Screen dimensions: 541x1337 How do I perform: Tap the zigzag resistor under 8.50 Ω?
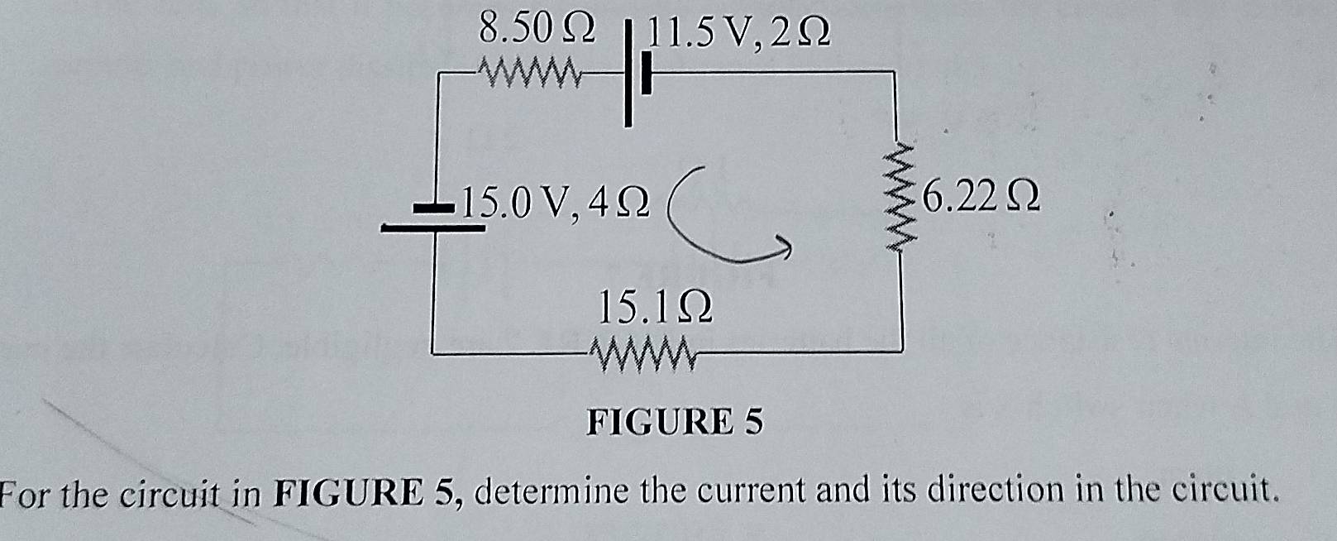coord(533,74)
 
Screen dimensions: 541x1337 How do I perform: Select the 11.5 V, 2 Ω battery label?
coord(738,32)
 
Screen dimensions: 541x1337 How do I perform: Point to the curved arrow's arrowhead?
coord(784,245)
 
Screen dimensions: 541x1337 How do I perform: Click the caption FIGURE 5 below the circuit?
coord(675,422)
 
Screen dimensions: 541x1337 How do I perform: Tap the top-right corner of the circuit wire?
coord(894,73)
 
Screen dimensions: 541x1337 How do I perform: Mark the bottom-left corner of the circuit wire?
coord(434,353)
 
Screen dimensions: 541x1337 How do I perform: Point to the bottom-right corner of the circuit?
coord(901,352)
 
